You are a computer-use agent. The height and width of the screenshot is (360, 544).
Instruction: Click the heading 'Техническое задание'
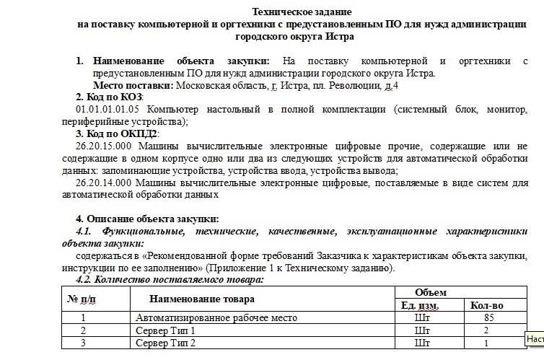tap(302, 12)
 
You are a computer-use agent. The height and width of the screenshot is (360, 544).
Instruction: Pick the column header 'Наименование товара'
tap(202, 299)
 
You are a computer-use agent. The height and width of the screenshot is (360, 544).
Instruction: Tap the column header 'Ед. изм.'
tap(419, 305)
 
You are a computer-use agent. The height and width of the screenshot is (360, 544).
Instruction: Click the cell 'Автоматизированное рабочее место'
tap(216, 317)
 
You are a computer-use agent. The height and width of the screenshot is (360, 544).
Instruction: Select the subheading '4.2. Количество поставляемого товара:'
tap(170, 279)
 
